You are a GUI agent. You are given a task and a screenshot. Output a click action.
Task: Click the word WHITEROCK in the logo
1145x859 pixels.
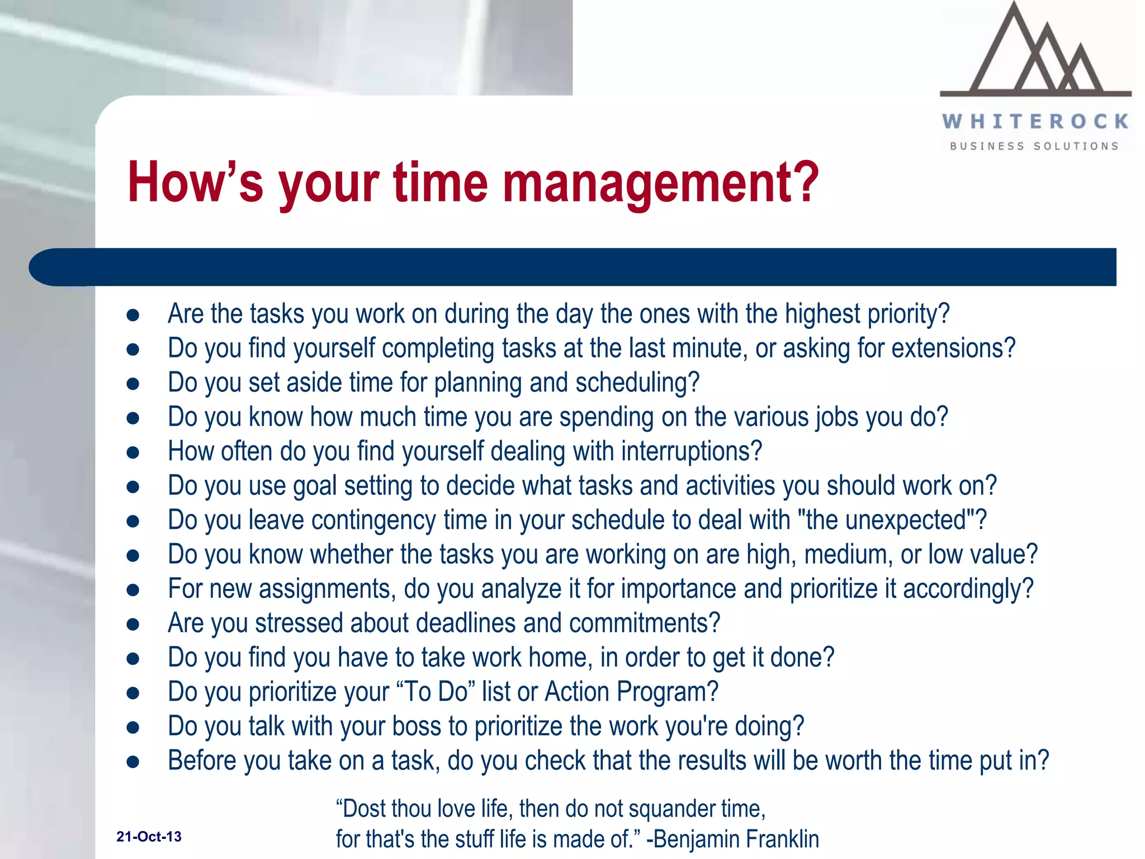pos(1035,121)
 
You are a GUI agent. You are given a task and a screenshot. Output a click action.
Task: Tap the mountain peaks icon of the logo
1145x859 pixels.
pos(1035,53)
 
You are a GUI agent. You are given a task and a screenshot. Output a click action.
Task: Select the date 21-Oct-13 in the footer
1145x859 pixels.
pos(149,837)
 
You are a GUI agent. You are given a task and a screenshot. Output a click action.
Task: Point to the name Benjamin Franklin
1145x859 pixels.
pos(736,839)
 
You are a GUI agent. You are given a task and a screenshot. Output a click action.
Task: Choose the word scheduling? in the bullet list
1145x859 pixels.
pos(637,383)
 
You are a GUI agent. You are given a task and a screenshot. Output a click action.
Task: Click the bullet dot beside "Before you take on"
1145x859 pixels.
pos(133,762)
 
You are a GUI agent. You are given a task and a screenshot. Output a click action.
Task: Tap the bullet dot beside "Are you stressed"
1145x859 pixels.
pos(133,624)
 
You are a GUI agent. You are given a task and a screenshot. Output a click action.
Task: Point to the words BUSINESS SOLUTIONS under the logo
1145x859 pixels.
pos(1034,147)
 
